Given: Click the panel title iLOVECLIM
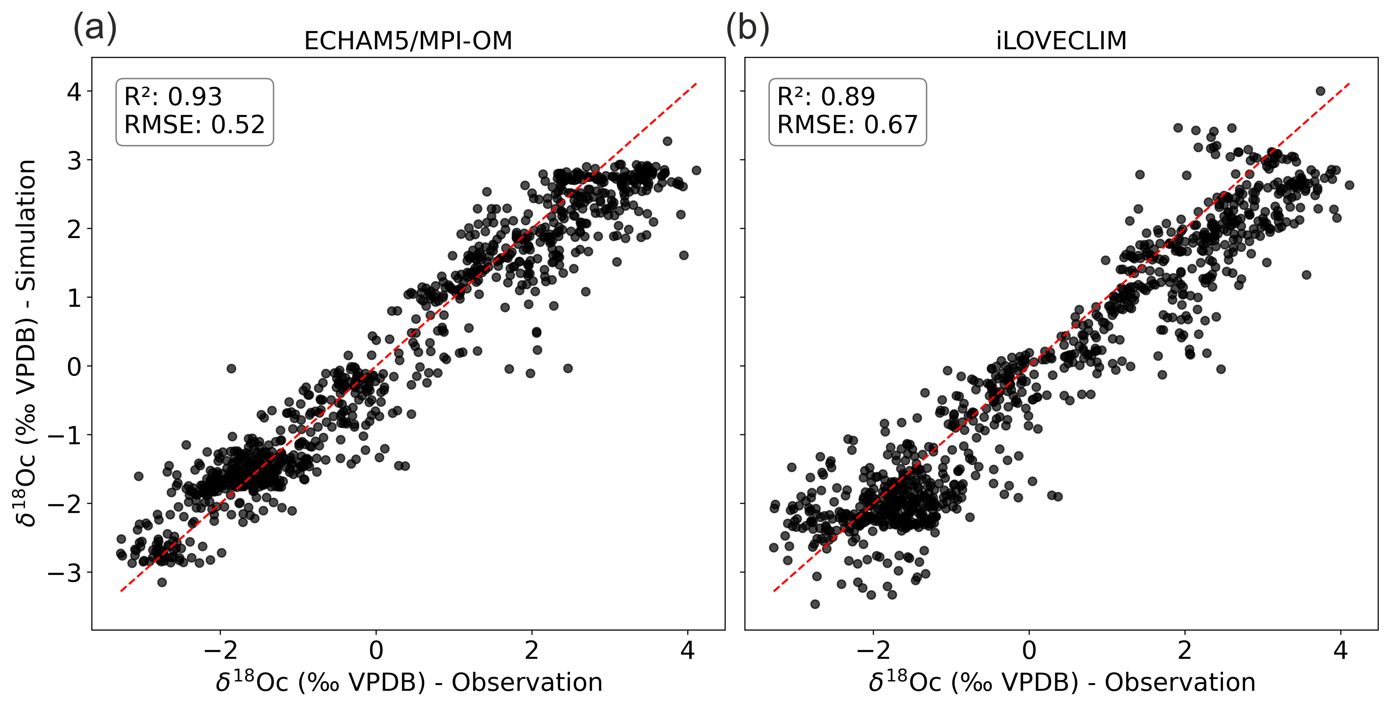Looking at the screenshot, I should point(1061,41).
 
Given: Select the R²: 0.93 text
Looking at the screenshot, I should point(173,97).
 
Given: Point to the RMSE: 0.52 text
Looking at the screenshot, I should point(194,125).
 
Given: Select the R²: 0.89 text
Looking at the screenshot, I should point(826,97).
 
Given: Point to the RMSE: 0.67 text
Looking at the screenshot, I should point(847,125).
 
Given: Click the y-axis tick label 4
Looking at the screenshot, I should point(74,92).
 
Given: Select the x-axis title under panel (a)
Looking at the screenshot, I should point(409,683).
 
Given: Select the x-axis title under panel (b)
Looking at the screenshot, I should point(1061,683).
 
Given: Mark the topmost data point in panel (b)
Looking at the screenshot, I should point(1320,91).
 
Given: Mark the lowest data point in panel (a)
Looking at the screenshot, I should point(162,582).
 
